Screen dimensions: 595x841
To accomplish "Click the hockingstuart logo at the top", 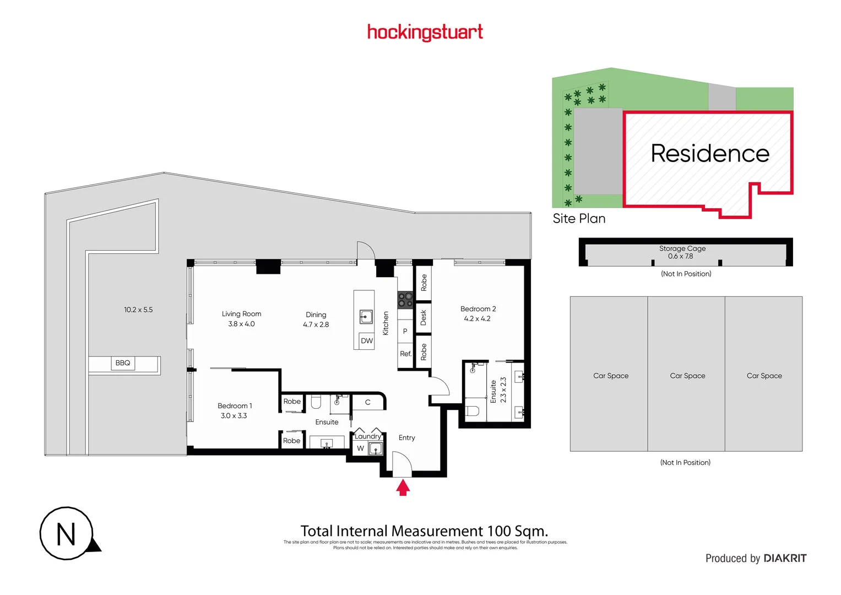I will click(x=425, y=32).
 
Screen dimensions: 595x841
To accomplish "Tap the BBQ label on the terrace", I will click(x=123, y=363).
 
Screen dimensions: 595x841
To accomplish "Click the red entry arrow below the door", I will click(x=403, y=488).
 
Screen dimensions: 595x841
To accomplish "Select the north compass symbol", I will click(x=67, y=534).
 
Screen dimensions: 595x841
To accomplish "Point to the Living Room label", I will click(x=241, y=314).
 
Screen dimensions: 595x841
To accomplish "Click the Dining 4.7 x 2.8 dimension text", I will click(x=316, y=324).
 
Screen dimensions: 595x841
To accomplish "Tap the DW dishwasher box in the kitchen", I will click(x=367, y=341).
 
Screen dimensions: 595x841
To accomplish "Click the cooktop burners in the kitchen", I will click(x=405, y=300).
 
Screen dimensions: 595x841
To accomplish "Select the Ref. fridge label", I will click(x=405, y=354).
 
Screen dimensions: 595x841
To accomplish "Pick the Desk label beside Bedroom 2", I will click(x=423, y=317).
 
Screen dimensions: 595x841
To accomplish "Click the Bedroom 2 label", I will click(x=478, y=309).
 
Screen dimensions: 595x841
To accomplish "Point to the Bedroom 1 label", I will click(x=235, y=406).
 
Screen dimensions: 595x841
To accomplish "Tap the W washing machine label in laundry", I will click(x=360, y=448).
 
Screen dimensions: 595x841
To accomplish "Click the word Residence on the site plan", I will click(x=710, y=153).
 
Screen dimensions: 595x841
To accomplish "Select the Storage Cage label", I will click(x=682, y=248).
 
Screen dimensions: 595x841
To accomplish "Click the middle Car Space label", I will click(x=687, y=376).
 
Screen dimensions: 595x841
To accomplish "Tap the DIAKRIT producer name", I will click(x=785, y=558).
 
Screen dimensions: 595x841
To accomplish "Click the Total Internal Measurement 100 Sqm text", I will click(x=424, y=531).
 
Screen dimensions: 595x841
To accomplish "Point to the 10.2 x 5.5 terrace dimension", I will click(x=138, y=310).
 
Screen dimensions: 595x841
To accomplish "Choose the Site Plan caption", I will click(x=579, y=219).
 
